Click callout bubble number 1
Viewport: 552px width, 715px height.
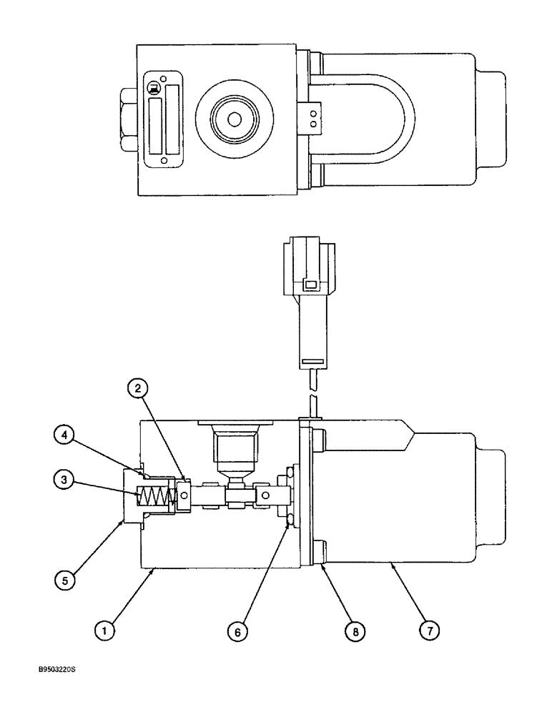pos(106,631)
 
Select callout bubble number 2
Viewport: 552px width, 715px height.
pos(139,388)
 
